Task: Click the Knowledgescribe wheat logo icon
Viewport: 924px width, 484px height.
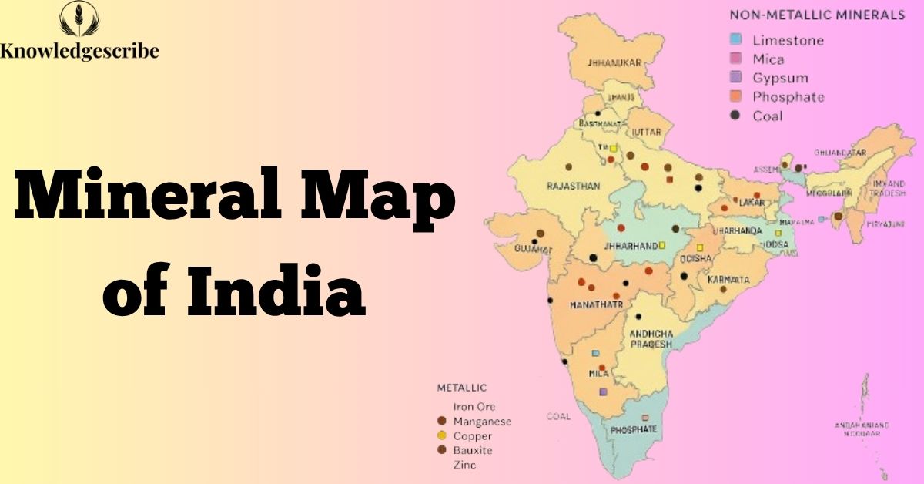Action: (x=79, y=20)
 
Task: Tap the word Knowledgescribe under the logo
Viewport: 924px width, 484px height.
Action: (x=79, y=52)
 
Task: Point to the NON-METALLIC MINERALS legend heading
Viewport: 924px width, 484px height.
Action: (x=816, y=15)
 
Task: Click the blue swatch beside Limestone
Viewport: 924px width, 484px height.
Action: (x=736, y=40)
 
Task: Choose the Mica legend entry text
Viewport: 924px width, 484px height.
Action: (x=768, y=59)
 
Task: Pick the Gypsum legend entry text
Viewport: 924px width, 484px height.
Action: (x=780, y=78)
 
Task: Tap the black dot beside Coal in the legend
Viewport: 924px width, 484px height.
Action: (x=736, y=116)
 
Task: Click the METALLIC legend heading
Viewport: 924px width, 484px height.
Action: (x=461, y=388)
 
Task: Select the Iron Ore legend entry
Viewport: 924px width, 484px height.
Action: (x=474, y=407)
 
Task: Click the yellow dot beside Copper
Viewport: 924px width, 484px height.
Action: (x=442, y=436)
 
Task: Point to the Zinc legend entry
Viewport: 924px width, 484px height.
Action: (x=464, y=465)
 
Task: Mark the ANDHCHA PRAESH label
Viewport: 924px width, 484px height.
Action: (x=651, y=338)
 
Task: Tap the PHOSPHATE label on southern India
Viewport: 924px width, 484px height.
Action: (x=634, y=429)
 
